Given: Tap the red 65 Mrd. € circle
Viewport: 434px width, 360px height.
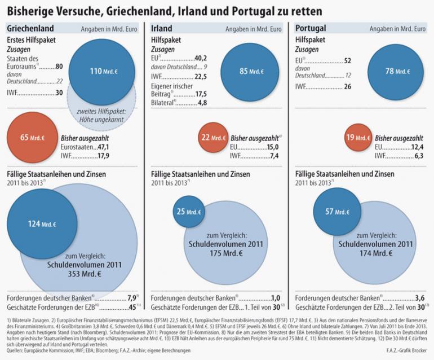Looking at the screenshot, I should click(26, 138).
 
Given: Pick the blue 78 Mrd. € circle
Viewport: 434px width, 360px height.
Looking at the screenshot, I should click(392, 71).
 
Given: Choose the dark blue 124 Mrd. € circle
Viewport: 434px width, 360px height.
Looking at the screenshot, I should click(42, 223).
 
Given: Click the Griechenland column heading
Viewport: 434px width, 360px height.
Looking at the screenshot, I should click(30, 28).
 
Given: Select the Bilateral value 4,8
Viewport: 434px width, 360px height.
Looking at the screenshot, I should click(202, 103).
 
